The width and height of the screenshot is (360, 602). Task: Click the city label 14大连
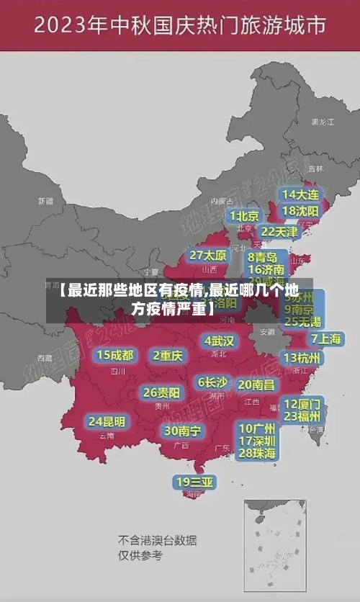tap(300, 194)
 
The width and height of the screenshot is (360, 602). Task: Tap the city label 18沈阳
tap(300, 211)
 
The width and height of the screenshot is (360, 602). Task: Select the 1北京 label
tap(245, 215)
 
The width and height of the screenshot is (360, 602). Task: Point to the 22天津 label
tap(279, 232)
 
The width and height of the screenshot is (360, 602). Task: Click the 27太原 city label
tap(208, 255)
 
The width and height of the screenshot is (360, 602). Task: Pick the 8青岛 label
tap(263, 256)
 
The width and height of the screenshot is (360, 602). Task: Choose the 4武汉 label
tap(219, 340)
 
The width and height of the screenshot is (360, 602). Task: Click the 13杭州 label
tap(302, 358)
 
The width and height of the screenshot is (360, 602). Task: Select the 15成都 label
tap(115, 355)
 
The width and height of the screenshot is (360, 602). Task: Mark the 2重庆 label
tap(168, 355)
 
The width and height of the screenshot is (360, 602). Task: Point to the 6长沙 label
tap(212, 382)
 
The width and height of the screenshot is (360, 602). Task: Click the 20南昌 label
tap(256, 385)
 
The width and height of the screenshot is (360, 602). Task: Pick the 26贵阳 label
tap(161, 392)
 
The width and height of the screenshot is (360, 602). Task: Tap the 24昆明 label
tap(107, 421)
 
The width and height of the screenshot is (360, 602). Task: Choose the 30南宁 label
tap(182, 431)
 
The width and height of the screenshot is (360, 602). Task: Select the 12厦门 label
tap(302, 403)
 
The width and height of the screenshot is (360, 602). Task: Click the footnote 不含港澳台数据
tap(158, 540)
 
